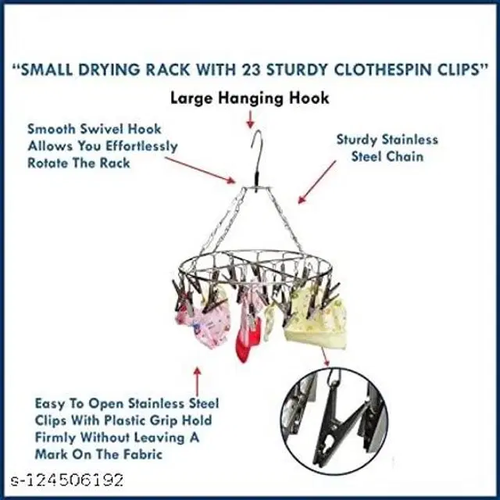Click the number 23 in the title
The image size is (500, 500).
[250, 70]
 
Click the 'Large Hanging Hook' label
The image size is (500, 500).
[250, 98]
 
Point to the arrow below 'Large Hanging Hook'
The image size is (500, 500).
[251, 120]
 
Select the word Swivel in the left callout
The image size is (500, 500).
[98, 129]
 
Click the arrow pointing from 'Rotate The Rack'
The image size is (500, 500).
[200, 170]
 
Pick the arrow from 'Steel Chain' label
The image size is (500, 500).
[317, 182]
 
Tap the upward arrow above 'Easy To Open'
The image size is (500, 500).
[198, 382]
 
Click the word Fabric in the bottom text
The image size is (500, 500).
[145, 454]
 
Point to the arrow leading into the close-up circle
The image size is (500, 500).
[325, 357]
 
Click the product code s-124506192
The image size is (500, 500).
[67, 480]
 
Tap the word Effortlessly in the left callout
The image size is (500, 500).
[141, 146]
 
